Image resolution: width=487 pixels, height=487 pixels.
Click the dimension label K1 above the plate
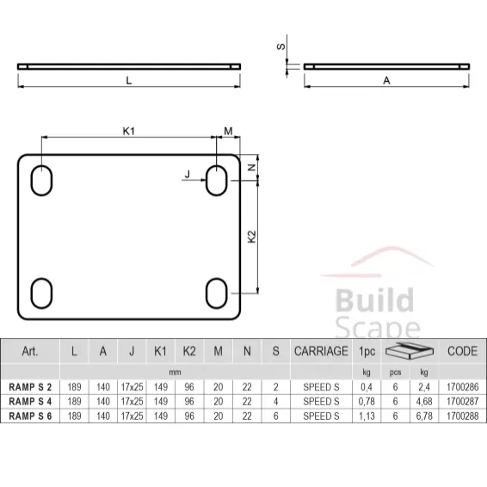tap(128, 131)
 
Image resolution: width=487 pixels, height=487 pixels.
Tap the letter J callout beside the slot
tap(187, 175)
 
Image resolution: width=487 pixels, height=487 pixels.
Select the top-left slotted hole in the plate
tap(41, 182)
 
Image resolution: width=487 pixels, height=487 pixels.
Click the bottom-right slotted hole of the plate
tap(217, 293)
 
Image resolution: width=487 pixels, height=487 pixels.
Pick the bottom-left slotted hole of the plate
tap(41, 293)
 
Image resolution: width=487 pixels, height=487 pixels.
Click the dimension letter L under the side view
tap(128, 80)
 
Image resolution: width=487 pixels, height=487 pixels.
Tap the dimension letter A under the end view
tap(387, 80)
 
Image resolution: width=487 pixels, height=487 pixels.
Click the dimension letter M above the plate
tap(228, 131)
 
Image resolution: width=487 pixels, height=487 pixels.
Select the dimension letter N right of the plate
tap(251, 168)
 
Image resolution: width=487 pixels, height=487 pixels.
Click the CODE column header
tap(462, 351)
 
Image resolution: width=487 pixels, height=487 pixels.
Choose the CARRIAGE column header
tap(321, 351)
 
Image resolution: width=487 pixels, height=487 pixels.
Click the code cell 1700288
tap(462, 416)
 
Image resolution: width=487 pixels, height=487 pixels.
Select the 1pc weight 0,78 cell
tap(367, 402)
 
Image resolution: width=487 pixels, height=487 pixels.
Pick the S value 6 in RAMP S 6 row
tap(275, 416)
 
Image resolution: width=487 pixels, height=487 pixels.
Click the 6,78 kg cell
tap(424, 416)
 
